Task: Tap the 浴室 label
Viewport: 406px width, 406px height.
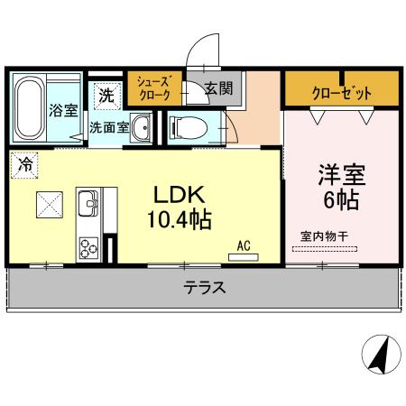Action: [x=62, y=113]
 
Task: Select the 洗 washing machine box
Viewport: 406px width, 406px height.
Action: [x=106, y=92]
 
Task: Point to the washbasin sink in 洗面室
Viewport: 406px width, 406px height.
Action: [x=141, y=130]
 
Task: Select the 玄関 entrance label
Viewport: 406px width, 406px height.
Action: [x=218, y=88]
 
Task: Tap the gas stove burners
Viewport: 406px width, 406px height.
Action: [x=89, y=246]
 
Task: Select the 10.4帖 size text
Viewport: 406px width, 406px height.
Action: [x=180, y=219]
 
